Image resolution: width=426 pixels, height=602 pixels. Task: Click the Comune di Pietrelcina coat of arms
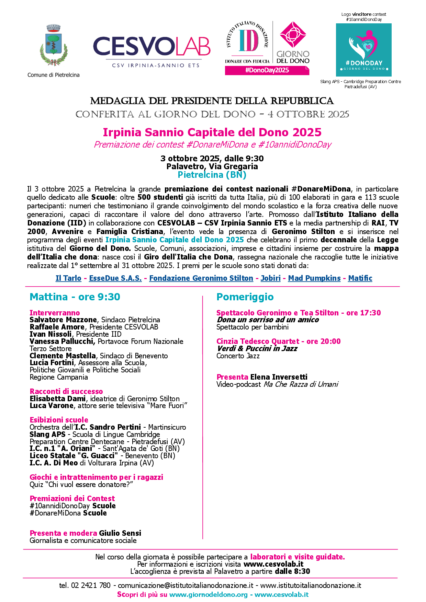pyautogui.click(x=53, y=46)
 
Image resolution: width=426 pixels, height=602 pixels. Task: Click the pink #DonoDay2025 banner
pyautogui.click(x=267, y=70)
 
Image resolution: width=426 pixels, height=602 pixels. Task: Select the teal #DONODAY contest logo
pyautogui.click(x=363, y=50)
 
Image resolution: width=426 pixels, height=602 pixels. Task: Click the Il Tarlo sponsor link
pyautogui.click(x=68, y=278)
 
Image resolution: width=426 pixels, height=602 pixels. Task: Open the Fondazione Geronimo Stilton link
pyautogui.click(x=201, y=278)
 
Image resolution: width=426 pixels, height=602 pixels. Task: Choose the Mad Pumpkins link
pyautogui.click(x=314, y=278)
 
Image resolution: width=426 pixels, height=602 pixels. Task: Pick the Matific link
pyautogui.click(x=360, y=278)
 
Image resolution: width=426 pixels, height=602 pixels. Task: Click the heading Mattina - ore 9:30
pyautogui.click(x=75, y=297)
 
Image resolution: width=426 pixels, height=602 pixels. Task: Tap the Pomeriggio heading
pyautogui.click(x=245, y=297)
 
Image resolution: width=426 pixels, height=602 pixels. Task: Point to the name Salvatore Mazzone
pyautogui.click(x=63, y=320)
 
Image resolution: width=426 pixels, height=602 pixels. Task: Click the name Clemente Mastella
pyautogui.click(x=63, y=356)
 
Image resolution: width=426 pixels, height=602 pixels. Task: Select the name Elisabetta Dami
pyautogui.click(x=57, y=399)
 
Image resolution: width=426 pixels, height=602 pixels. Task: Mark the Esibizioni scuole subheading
pyautogui.click(x=59, y=420)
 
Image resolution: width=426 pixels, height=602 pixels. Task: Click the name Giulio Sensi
pyautogui.click(x=120, y=533)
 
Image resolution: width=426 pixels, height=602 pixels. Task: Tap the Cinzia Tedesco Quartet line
pyautogui.click(x=278, y=341)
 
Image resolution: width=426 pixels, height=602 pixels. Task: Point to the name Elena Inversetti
pyautogui.click(x=279, y=377)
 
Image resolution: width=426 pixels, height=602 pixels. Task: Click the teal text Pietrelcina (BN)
pyautogui.click(x=212, y=175)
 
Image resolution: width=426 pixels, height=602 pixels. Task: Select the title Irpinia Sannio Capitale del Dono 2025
pyautogui.click(x=212, y=132)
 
